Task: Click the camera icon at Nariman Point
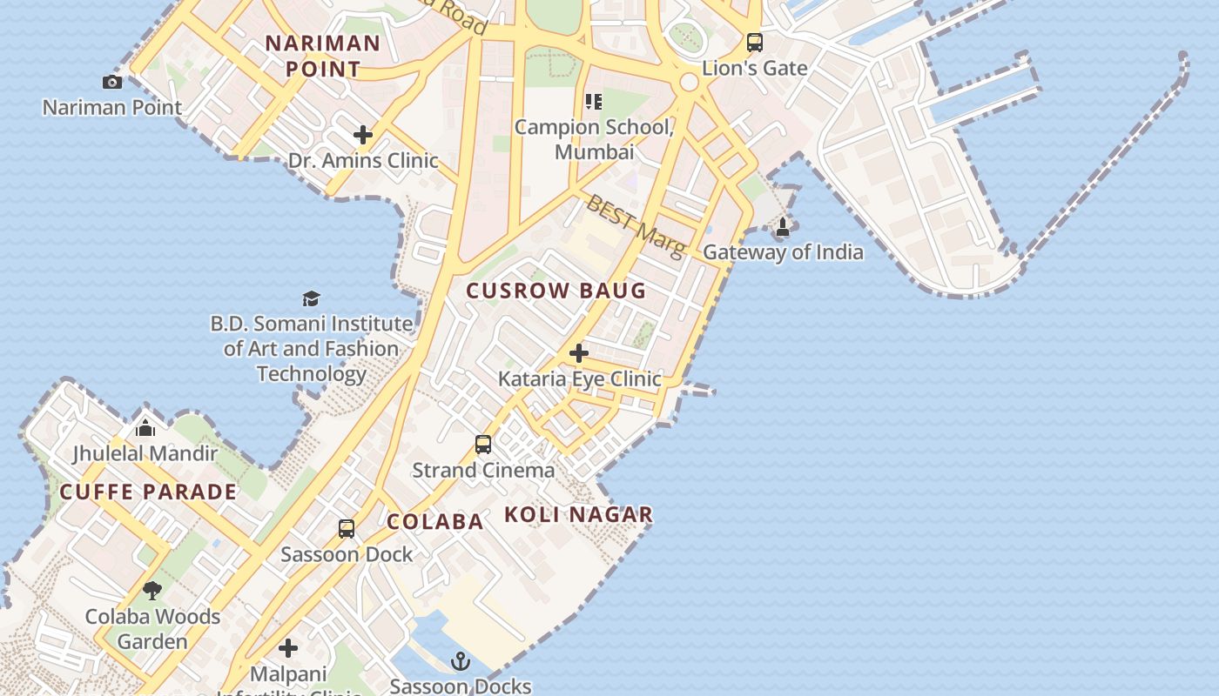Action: click(x=112, y=82)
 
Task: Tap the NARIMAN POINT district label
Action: click(x=323, y=56)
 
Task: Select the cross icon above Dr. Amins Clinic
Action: click(x=363, y=135)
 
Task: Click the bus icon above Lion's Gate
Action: click(x=755, y=42)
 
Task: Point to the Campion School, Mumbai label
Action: click(x=595, y=139)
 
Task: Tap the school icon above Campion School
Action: click(x=594, y=102)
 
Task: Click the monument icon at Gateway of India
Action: click(x=783, y=228)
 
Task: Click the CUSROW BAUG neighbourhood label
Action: click(x=556, y=291)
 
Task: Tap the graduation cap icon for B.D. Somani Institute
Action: click(x=312, y=298)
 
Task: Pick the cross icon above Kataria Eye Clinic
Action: click(x=579, y=353)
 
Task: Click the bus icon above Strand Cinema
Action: click(x=483, y=445)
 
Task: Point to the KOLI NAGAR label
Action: click(x=578, y=514)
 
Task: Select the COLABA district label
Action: click(x=434, y=521)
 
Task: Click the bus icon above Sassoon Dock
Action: click(x=347, y=528)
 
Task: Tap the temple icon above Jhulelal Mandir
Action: click(x=145, y=427)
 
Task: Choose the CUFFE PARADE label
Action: click(x=148, y=492)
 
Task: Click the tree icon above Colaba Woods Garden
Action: click(x=152, y=591)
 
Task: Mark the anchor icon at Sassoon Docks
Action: click(x=461, y=662)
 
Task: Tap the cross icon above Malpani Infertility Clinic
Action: click(x=288, y=648)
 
